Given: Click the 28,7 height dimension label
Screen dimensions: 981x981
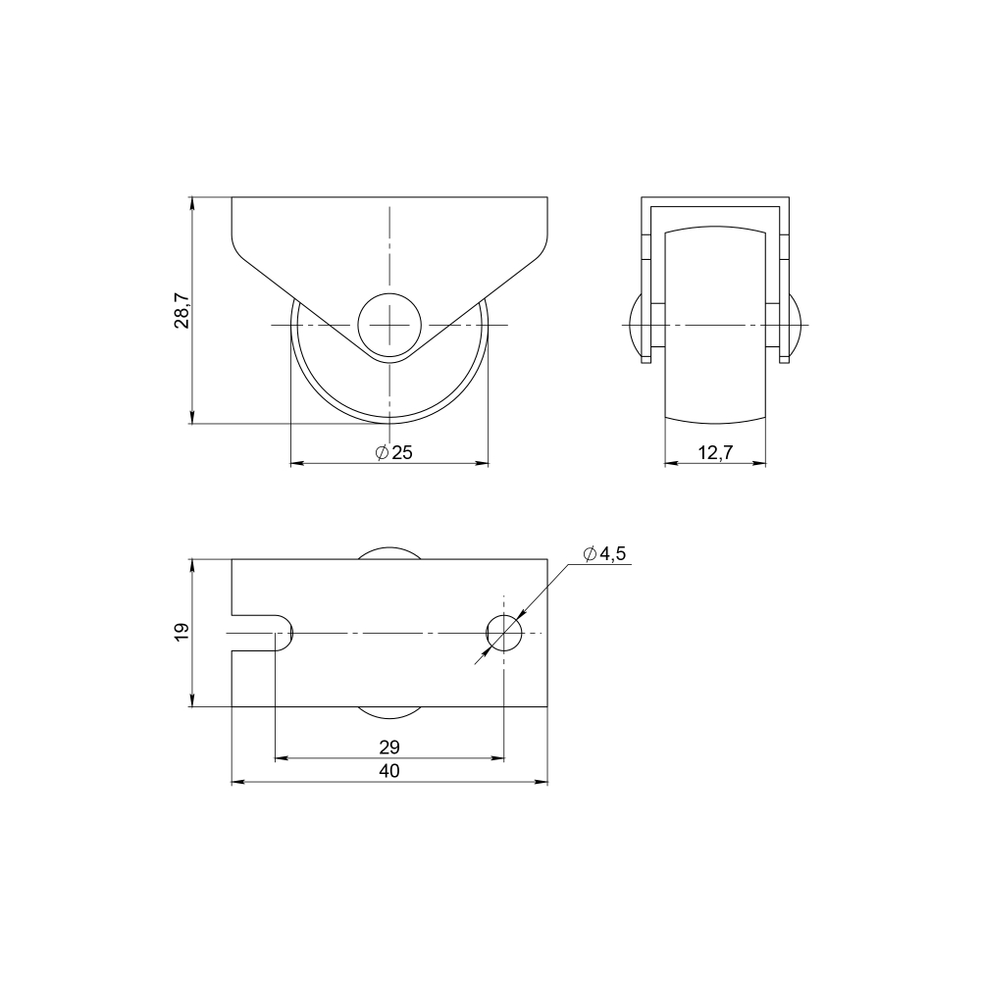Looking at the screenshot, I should tap(182, 310).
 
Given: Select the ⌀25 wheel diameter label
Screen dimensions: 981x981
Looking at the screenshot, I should tap(393, 452).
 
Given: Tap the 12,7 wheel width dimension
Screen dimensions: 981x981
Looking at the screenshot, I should tap(715, 452).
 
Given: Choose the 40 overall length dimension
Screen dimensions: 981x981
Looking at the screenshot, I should tap(389, 772).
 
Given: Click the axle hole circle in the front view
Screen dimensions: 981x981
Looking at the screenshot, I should tap(389, 325).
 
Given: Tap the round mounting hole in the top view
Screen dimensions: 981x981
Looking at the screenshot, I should tap(504, 633).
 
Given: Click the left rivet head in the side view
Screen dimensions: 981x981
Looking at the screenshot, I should tap(633, 325).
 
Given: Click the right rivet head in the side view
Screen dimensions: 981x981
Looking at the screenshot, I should tap(798, 325).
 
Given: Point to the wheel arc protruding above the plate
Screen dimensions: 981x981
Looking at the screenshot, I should tap(389, 552).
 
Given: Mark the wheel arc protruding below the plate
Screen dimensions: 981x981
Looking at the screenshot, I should tap(389, 712).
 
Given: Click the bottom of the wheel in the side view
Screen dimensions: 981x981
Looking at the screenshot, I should tap(715, 419).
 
